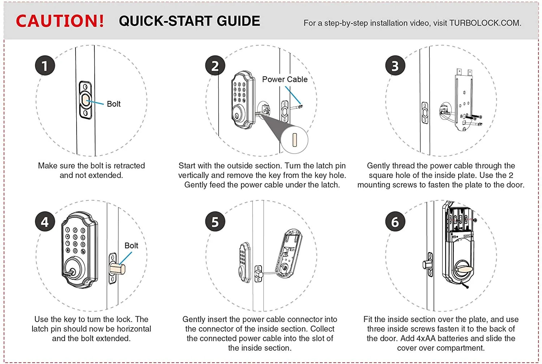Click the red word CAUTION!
60,21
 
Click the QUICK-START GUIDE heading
189,21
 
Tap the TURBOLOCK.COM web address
485,23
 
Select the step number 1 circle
45,65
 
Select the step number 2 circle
215,65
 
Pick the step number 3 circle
395,65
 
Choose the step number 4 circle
45,221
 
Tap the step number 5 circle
215,221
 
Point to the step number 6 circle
395,221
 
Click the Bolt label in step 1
113,104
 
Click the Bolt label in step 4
131,245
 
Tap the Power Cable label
285,79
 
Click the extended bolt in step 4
118,269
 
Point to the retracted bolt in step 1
86,100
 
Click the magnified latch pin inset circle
294,139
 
